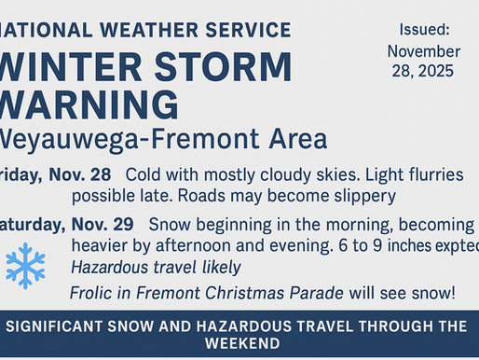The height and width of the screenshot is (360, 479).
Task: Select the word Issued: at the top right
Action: (423, 30)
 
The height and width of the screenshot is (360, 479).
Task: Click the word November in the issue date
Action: (423, 50)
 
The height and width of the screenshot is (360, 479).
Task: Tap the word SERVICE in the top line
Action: (245, 30)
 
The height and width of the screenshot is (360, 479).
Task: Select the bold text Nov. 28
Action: (82, 175)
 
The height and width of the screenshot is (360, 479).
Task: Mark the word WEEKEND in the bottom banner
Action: (239, 343)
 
